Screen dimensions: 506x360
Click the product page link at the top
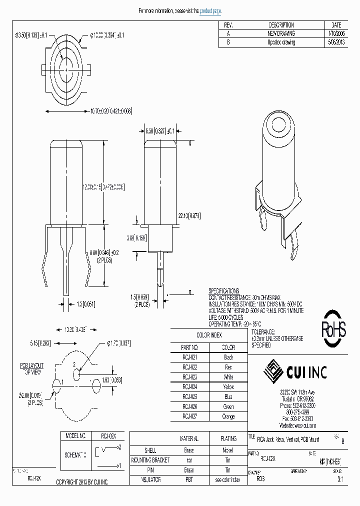tap(210, 10)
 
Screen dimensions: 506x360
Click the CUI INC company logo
tap(295, 372)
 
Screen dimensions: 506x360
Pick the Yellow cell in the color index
tap(228, 387)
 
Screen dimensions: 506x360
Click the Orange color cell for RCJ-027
tap(228, 416)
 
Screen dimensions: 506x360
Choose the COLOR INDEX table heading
tap(208, 335)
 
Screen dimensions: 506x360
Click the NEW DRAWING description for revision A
tap(280, 33)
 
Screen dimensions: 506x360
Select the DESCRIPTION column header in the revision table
tap(280, 24)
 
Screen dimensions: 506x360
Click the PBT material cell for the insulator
tap(189, 479)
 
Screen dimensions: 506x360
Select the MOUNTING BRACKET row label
tap(150, 460)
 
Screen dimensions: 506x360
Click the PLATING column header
tap(228, 438)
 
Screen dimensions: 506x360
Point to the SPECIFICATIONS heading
tap(223, 290)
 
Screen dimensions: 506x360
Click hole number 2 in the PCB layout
tap(76, 374)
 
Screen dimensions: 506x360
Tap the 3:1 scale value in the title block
tap(340, 478)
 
